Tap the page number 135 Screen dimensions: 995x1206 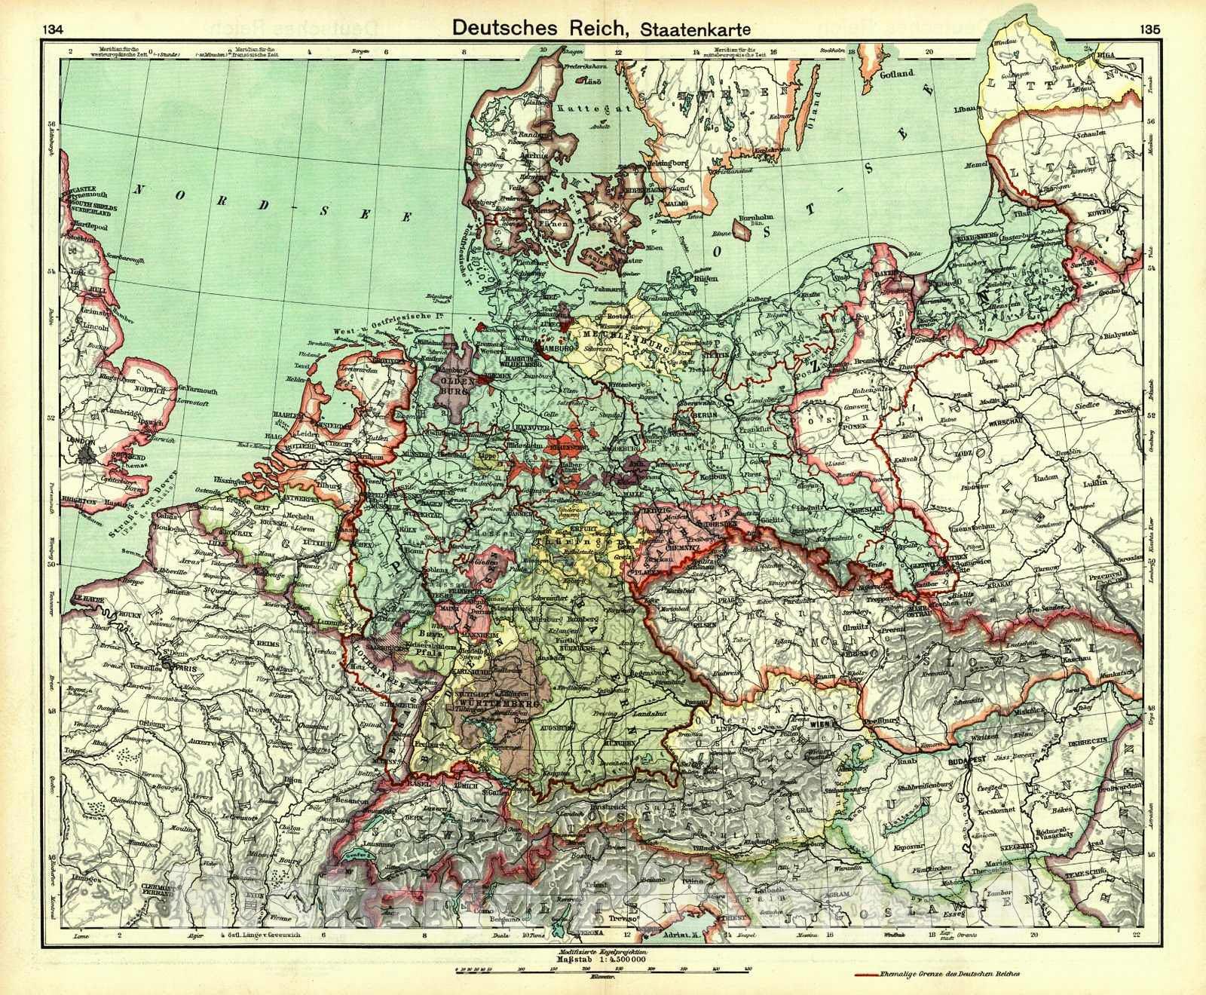pyautogui.click(x=1150, y=30)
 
